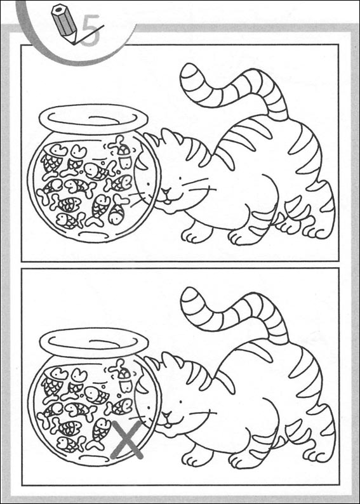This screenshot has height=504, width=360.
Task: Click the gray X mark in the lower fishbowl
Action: [126, 439]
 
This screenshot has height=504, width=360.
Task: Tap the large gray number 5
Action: [91, 31]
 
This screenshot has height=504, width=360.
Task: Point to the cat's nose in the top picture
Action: [166, 191]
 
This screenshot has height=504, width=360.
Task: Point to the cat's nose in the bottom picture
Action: [166, 415]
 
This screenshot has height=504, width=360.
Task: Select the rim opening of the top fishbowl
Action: [93, 119]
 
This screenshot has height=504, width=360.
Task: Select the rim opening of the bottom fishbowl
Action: [93, 343]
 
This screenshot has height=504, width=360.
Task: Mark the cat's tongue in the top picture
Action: [168, 202]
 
